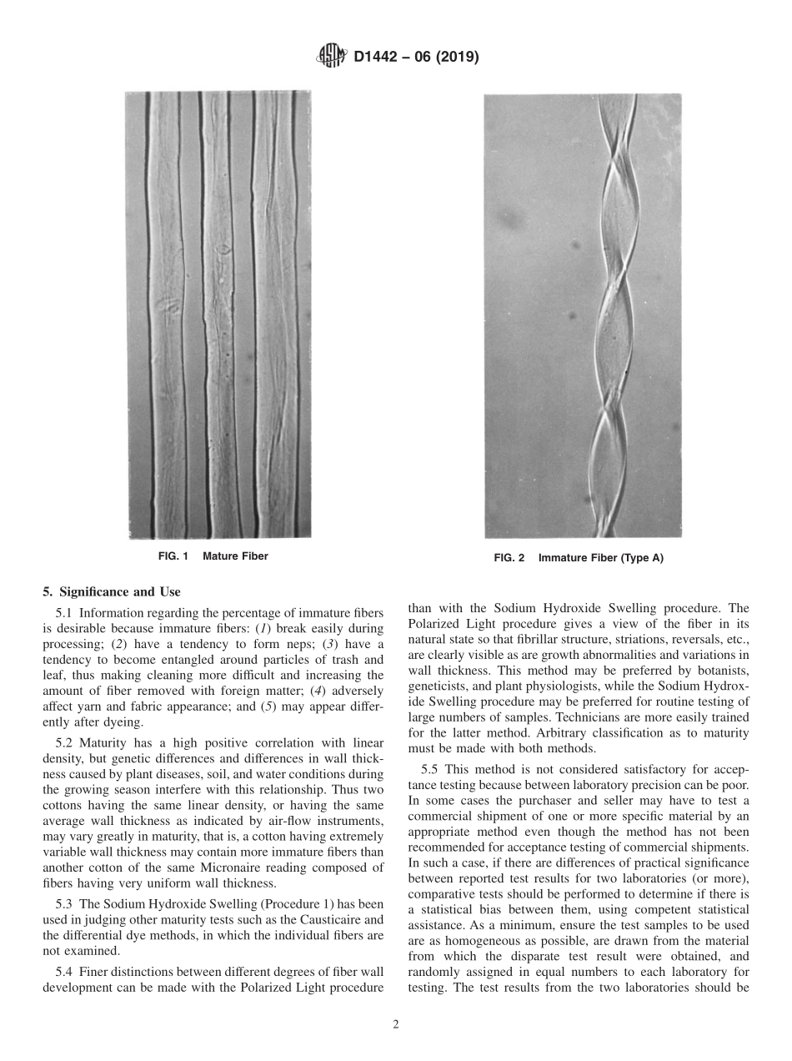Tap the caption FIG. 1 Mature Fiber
tap(213, 556)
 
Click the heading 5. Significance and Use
tap(111, 592)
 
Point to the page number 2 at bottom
tap(396, 1025)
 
